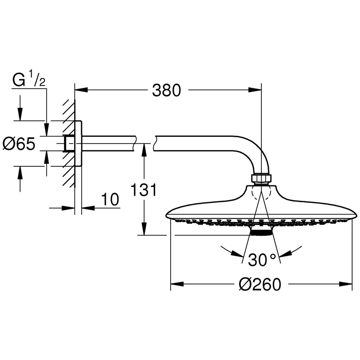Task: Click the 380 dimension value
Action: (x=167, y=90)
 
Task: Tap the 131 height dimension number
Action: (x=144, y=190)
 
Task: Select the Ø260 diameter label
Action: (x=260, y=284)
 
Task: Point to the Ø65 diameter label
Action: (x=19, y=144)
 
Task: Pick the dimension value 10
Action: (x=110, y=199)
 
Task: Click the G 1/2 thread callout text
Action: (x=29, y=79)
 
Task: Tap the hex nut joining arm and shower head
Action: (x=261, y=179)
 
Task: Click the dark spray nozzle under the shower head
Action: (x=261, y=232)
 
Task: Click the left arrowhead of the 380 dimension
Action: (x=81, y=90)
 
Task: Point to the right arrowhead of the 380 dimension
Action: (x=255, y=90)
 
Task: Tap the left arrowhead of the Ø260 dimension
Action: (x=177, y=284)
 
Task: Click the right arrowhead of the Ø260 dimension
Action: (x=346, y=284)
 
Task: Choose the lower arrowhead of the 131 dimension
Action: (x=144, y=229)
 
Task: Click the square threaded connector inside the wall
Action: (x=69, y=144)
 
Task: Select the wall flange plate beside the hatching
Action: (x=78, y=143)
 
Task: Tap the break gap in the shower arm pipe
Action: (x=144, y=144)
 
